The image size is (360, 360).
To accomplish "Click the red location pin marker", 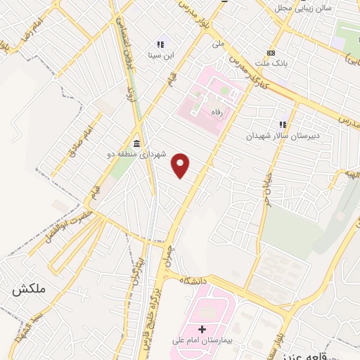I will point(181,166).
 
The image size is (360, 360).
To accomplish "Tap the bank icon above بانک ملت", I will point(271,53).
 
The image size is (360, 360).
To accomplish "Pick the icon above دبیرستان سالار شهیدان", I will point(283,124).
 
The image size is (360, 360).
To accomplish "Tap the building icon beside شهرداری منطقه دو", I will point(136,143).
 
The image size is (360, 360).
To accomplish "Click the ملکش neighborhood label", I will point(25,289).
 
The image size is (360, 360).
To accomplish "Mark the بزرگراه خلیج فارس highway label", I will point(159,310).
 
